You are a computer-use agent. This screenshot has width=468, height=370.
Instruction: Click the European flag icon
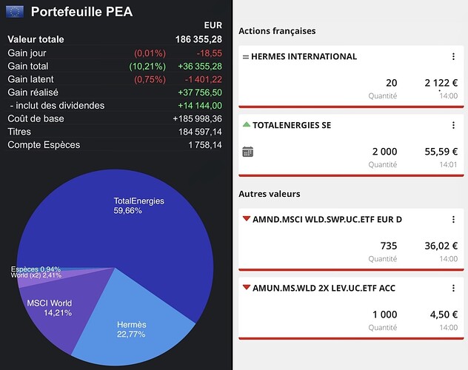click(15, 11)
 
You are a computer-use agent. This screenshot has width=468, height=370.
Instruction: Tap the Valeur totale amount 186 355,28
click(195, 39)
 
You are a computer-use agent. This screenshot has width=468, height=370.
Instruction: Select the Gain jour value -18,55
click(208, 53)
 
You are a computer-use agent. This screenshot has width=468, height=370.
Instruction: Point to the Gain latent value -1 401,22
click(200, 79)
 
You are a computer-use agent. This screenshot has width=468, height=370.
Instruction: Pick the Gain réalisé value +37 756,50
click(200, 92)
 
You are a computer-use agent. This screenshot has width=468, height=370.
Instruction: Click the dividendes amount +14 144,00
click(200, 106)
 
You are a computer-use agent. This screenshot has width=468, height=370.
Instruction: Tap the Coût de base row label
click(36, 119)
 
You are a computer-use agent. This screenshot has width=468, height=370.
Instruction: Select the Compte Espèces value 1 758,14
click(205, 145)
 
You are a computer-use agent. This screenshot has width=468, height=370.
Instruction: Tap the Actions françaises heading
click(277, 31)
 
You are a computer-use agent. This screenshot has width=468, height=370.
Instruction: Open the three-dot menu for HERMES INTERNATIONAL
click(453, 57)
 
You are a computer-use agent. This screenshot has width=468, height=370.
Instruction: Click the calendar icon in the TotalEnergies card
click(248, 152)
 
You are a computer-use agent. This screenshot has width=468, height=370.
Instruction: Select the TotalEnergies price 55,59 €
click(441, 152)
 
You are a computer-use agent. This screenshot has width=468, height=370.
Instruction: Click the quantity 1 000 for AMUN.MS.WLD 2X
click(384, 314)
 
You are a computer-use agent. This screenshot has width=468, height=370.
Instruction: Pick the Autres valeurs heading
click(269, 194)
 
